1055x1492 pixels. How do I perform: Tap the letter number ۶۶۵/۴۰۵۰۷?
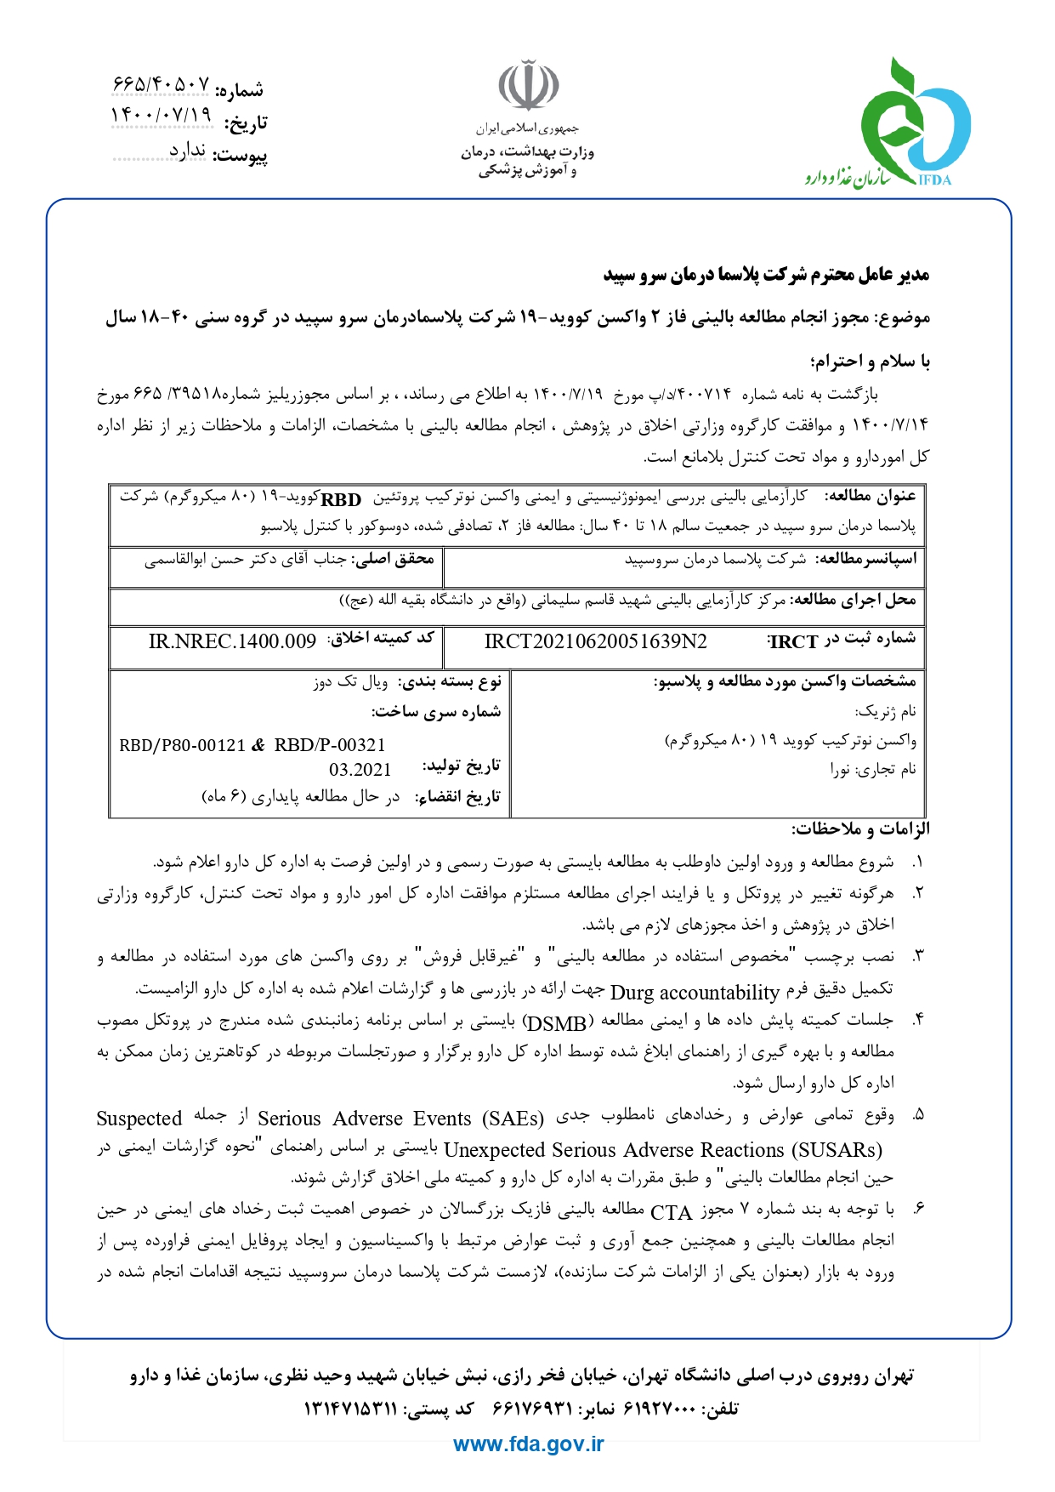point(161,84)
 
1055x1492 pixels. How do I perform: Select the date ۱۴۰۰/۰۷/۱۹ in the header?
point(161,114)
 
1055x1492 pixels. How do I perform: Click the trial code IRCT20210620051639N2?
point(595,641)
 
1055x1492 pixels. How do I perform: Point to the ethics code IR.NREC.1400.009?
point(232,641)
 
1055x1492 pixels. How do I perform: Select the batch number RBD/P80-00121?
point(182,746)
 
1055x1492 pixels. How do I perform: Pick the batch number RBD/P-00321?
point(330,746)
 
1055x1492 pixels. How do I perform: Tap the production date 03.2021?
point(360,770)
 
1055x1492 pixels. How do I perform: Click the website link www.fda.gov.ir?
point(528,1444)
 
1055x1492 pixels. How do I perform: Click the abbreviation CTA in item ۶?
point(672,1212)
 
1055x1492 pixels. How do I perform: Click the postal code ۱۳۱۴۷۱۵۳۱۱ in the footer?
point(350,1409)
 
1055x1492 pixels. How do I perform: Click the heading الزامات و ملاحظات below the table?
point(860,829)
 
